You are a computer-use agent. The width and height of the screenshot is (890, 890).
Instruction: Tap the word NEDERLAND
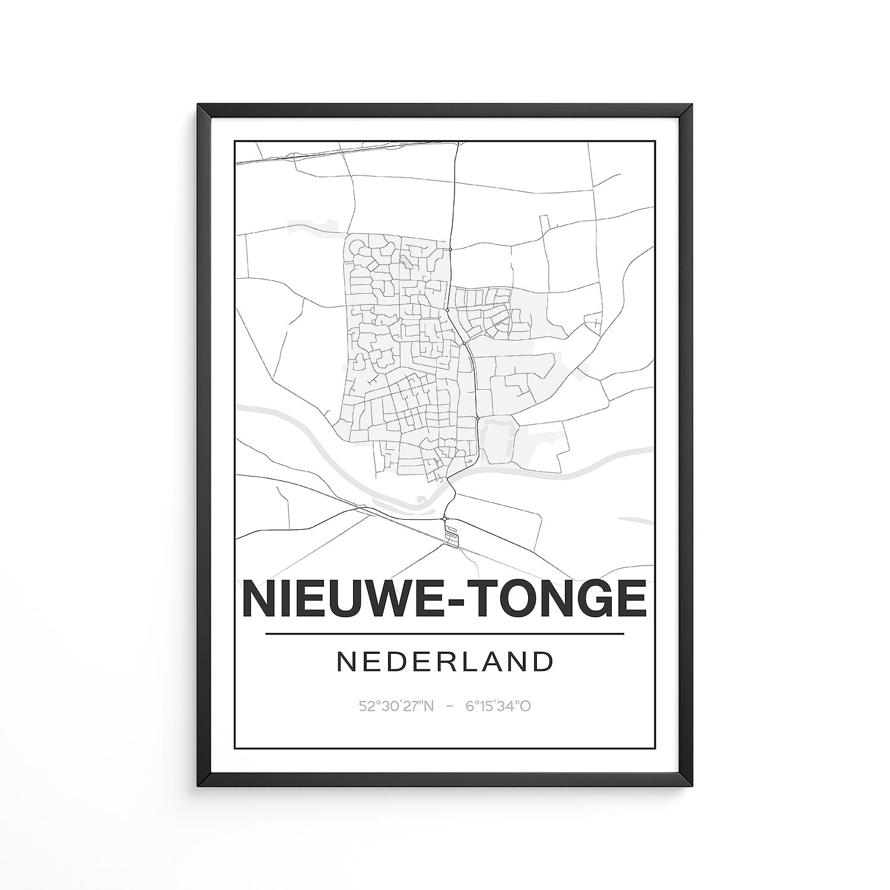(x=445, y=662)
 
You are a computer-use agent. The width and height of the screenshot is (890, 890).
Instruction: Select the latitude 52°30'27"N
(x=396, y=706)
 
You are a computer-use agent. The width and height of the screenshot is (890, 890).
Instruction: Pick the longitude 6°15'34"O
(x=498, y=706)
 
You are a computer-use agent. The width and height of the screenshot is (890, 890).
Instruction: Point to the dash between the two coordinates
(x=450, y=706)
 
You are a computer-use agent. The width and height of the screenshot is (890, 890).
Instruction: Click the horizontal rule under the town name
(x=445, y=634)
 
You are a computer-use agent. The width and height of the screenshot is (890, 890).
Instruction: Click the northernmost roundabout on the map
(x=450, y=250)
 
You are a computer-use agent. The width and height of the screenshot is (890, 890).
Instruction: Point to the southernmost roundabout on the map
(x=444, y=519)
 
